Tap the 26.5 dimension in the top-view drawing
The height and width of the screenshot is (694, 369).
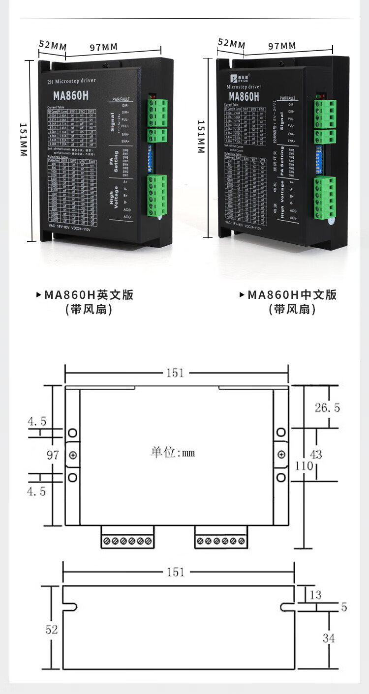[x=327, y=407]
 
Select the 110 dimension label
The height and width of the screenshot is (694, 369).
[x=304, y=465]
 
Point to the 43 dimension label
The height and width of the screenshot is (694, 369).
[x=316, y=454]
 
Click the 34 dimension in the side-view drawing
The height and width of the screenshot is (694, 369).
[x=329, y=638]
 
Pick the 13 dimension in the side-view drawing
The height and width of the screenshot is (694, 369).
[x=315, y=595]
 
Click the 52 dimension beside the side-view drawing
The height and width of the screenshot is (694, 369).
[x=52, y=630]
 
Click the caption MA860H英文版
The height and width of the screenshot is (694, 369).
[x=89, y=295]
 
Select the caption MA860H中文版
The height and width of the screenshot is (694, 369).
[x=292, y=295]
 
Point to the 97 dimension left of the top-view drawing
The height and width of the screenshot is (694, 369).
[x=53, y=455]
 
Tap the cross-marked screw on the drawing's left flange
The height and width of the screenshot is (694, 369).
[x=73, y=455]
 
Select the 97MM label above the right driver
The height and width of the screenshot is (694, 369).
[x=282, y=46]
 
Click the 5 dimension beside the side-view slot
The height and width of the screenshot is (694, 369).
[x=344, y=607]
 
